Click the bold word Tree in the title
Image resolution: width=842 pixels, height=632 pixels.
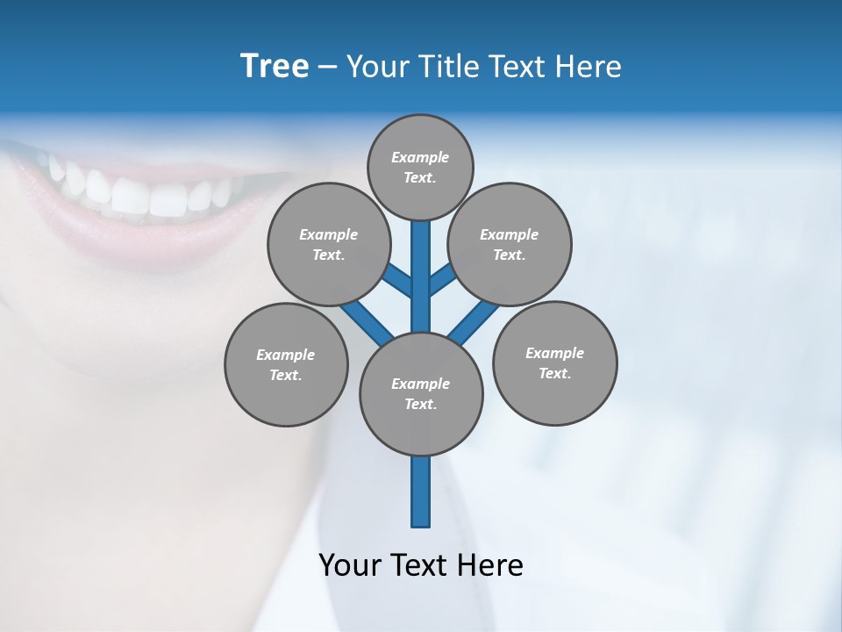coord(275,67)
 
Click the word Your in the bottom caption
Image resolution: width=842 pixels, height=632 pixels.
coord(350,565)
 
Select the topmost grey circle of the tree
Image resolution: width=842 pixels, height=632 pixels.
coord(420,167)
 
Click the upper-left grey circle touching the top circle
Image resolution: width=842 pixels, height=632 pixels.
coord(328,244)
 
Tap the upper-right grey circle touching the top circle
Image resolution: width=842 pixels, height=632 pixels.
coord(510,244)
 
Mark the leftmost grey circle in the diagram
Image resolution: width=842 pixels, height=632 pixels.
coord(286,364)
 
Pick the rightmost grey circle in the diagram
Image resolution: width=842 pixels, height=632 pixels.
coord(554,363)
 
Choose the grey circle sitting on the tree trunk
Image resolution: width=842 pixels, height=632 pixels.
coord(421,394)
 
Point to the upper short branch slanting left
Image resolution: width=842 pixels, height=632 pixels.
coord(399,281)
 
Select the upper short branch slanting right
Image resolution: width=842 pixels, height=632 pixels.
coord(441,282)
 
